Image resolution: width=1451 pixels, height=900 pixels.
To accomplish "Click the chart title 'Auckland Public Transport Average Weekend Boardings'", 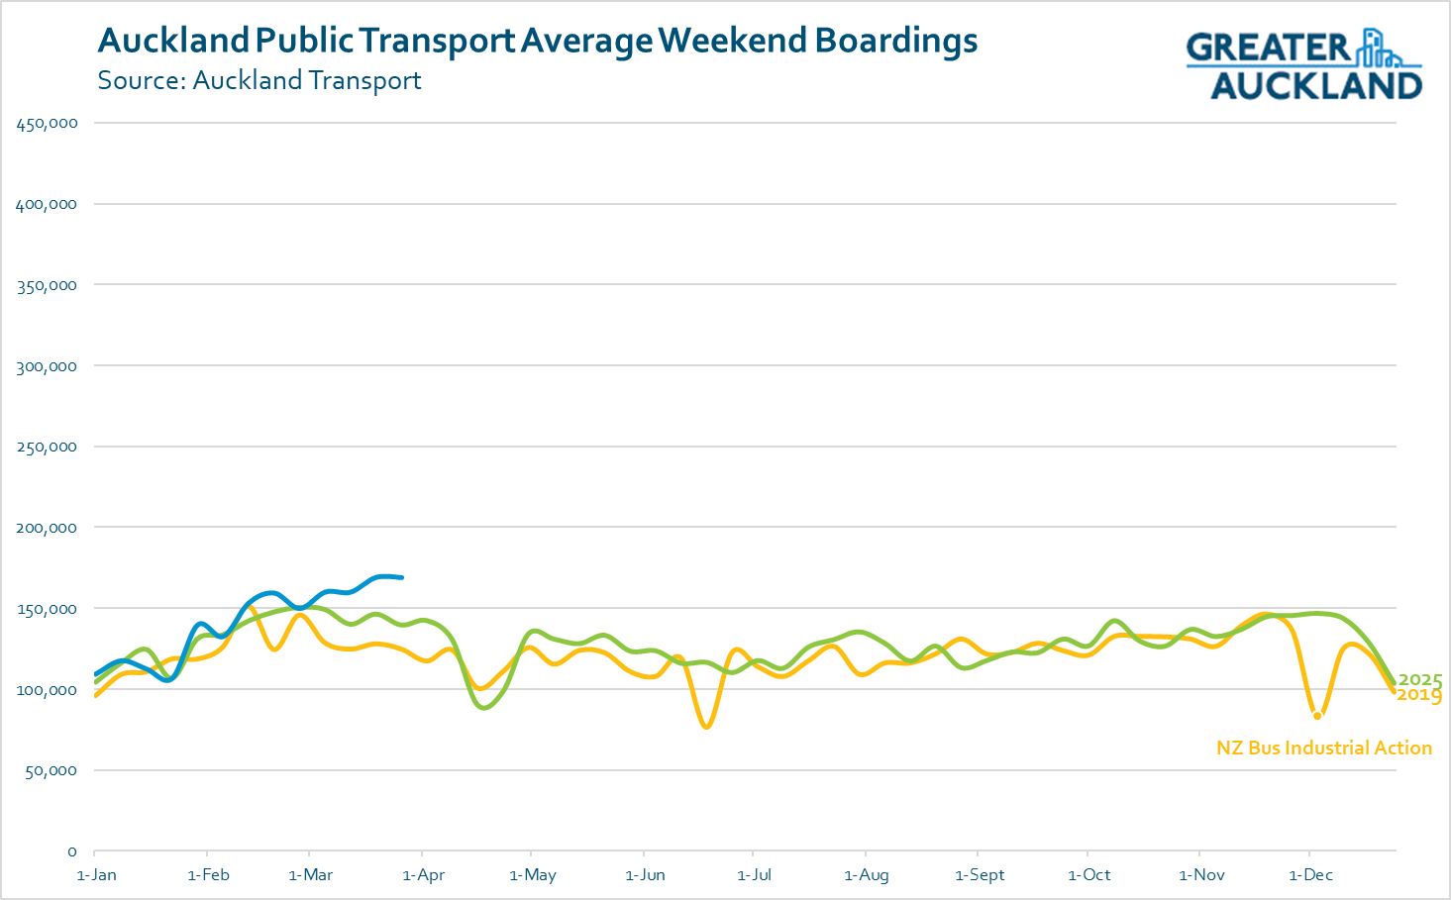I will (x=538, y=41).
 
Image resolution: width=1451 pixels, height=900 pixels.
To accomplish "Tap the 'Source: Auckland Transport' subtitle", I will (x=259, y=80).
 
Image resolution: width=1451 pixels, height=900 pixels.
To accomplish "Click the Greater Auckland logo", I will (x=1304, y=64).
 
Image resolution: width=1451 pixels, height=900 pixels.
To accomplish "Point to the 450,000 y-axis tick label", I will (x=47, y=124).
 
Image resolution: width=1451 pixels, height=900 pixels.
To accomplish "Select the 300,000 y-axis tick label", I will (x=47, y=366).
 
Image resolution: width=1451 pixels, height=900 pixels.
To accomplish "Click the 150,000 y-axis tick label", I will (x=47, y=609).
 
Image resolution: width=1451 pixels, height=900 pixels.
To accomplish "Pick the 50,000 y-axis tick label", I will (x=50, y=770).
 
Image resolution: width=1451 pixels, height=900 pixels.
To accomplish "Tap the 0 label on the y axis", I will (x=71, y=851).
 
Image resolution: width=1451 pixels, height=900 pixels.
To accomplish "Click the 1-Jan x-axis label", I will (x=96, y=875).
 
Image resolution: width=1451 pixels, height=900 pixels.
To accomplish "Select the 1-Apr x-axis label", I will (x=424, y=875).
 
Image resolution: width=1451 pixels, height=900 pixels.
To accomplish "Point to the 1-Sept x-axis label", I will (x=980, y=875).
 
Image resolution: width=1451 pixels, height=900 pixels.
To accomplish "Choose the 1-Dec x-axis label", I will (x=1310, y=875).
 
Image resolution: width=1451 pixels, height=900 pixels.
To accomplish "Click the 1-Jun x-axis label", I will (x=645, y=875).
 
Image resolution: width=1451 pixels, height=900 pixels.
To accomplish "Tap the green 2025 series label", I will (x=1420, y=680).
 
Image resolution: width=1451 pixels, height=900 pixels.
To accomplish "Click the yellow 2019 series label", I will (x=1420, y=696).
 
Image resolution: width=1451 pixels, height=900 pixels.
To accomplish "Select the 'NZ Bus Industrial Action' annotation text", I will (x=1324, y=749).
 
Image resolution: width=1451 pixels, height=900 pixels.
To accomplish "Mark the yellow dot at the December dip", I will (x=1317, y=716).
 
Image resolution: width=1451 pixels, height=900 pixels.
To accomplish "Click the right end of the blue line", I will (x=401, y=577).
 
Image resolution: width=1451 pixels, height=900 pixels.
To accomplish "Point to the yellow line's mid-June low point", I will (x=706, y=728).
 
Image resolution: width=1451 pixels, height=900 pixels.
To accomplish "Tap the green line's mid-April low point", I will (x=483, y=708).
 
